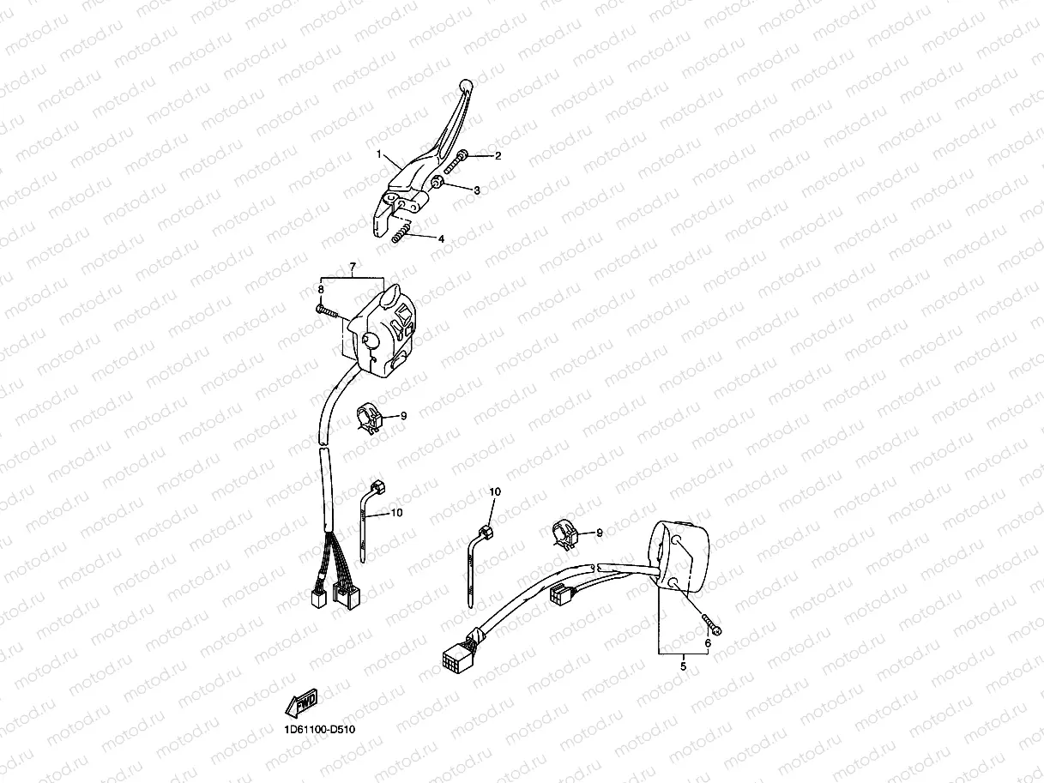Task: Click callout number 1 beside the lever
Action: [378, 154]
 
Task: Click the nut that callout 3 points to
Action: [437, 183]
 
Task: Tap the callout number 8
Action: [322, 290]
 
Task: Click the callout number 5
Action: [684, 665]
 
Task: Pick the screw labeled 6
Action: [710, 623]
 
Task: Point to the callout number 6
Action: [709, 642]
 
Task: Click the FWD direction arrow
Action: [302, 702]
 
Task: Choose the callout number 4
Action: [441, 239]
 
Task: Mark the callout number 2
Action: [496, 156]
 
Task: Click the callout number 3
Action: [477, 190]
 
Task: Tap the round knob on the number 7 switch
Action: [371, 341]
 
